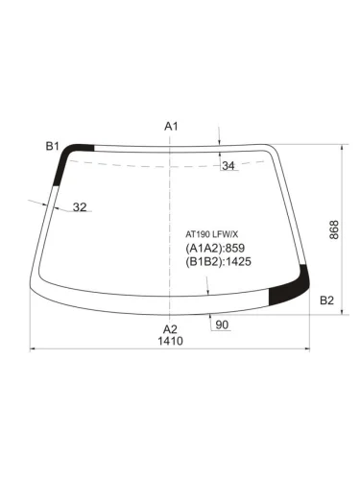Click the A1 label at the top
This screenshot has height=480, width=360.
pos(171,127)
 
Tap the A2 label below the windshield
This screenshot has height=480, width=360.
pos(170,329)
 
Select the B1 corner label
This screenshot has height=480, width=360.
pos(53,146)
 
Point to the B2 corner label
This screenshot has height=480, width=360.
pos(326,300)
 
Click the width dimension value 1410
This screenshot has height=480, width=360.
pos(170,341)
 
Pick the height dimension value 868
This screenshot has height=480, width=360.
pos(334,229)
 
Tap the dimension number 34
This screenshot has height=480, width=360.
pos(228,166)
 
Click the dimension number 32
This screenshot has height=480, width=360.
pos(80,207)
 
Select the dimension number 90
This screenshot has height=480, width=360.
pos(222,324)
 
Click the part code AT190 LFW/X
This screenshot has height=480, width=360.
pos(212,234)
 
